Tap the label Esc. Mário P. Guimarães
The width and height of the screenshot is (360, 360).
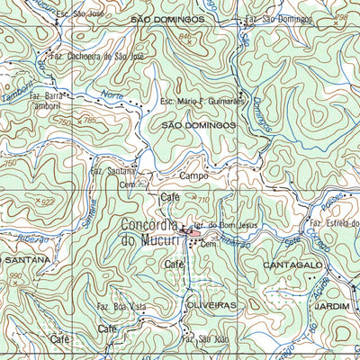tap(202, 103)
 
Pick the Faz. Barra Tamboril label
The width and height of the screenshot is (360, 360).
tap(48, 101)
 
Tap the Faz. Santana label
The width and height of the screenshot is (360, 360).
tap(112, 169)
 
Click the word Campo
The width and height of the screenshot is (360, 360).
tap(194, 175)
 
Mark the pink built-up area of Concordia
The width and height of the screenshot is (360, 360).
tap(193, 233)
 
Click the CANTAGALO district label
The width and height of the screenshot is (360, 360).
tap(292, 266)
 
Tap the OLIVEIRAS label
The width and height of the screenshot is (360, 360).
tap(213, 306)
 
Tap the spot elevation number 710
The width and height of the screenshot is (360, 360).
tap(204, 199)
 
